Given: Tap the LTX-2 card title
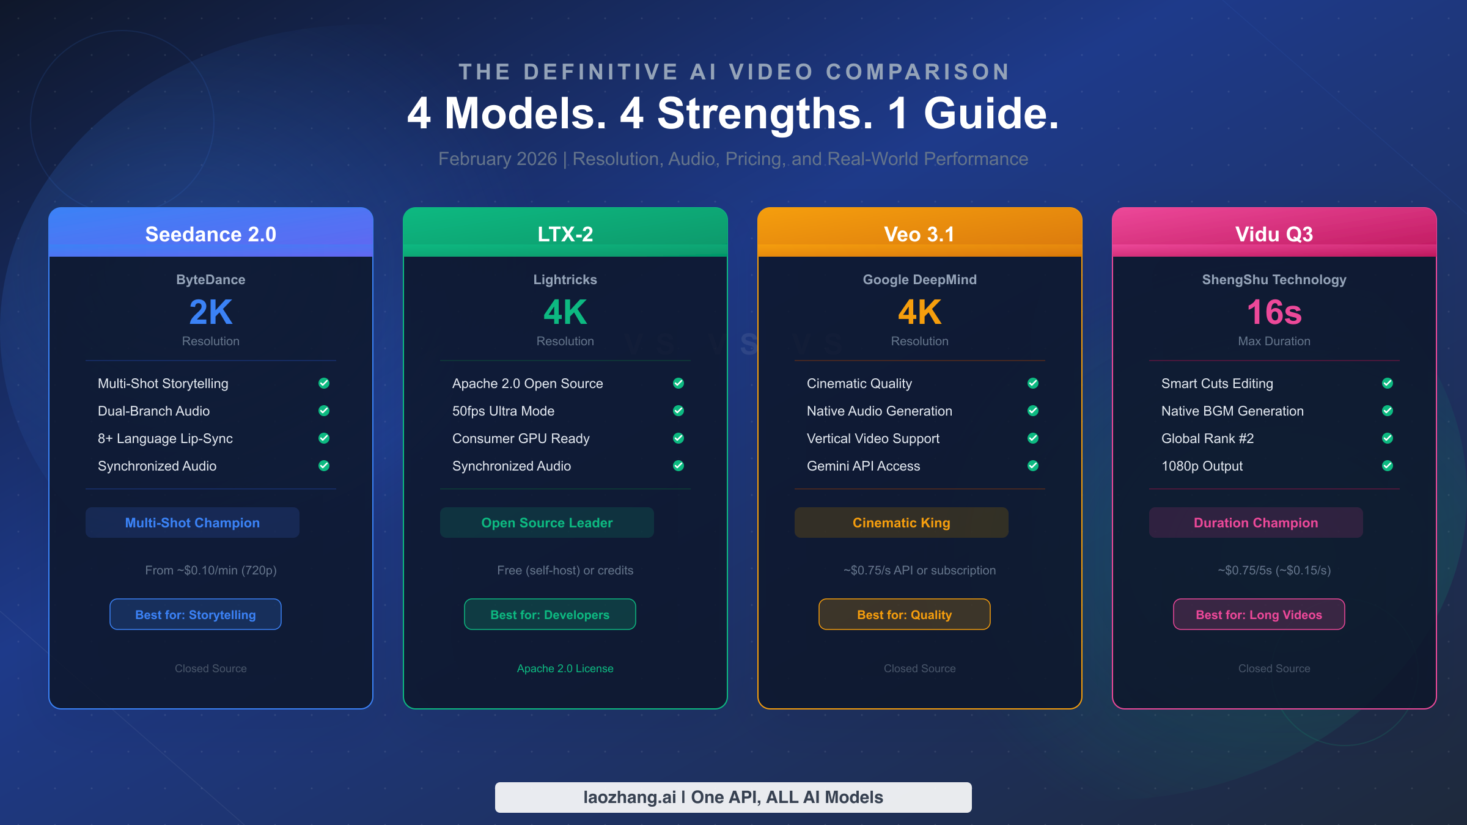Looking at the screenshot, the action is click(x=565, y=234).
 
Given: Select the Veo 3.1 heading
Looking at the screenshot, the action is click(x=919, y=234).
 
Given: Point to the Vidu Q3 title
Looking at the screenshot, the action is click(x=1274, y=234).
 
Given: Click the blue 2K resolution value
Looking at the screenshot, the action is click(x=211, y=312).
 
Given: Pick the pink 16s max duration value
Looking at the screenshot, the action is click(x=1274, y=312).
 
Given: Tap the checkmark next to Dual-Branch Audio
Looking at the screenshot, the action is click(x=324, y=411).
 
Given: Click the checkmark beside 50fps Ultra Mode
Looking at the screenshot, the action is click(x=678, y=411).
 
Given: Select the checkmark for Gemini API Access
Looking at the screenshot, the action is click(x=1033, y=466).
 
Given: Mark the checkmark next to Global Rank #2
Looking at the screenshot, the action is click(x=1388, y=438).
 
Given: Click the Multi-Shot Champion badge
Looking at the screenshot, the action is click(x=193, y=522).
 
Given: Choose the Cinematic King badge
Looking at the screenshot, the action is click(x=902, y=522).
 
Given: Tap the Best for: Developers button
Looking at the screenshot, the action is click(x=550, y=614).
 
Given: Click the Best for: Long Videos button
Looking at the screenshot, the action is click(x=1259, y=614).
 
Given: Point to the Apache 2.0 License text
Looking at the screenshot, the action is click(x=565, y=669).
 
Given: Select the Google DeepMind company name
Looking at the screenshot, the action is click(x=920, y=279).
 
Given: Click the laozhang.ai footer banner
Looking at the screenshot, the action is click(x=733, y=798).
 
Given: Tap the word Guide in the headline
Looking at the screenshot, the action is click(x=991, y=114).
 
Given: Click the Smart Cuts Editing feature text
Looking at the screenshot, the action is click(x=1217, y=384).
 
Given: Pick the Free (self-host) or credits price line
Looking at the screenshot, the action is click(x=565, y=570).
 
